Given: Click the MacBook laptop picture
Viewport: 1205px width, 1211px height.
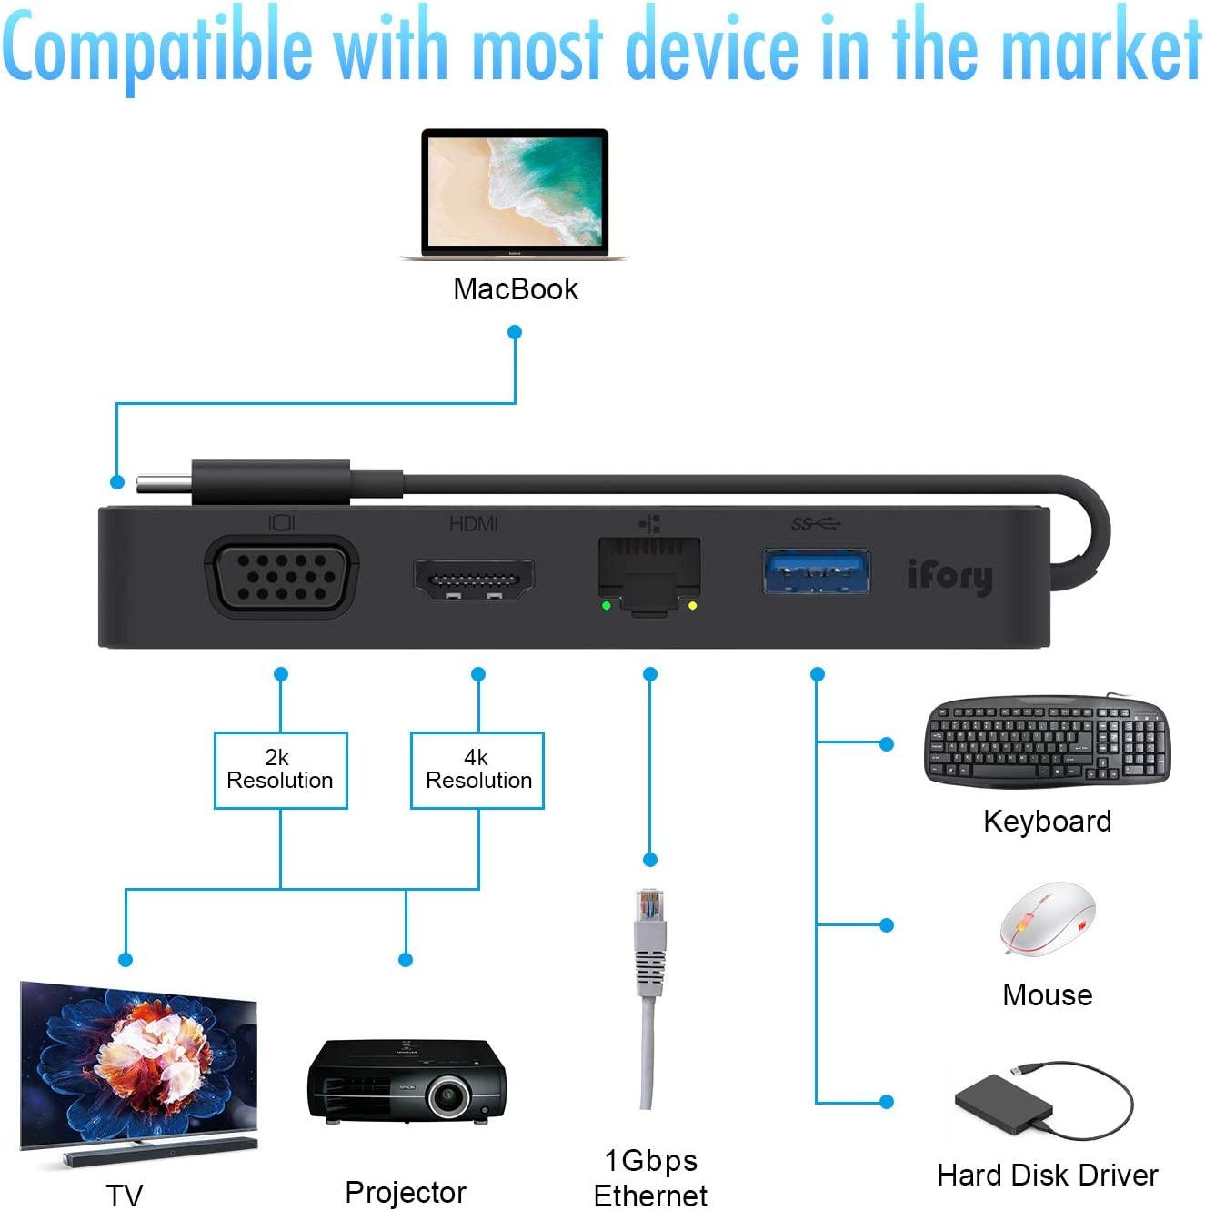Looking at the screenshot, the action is coord(515,195).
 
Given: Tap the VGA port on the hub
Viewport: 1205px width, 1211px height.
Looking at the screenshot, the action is coord(282,576).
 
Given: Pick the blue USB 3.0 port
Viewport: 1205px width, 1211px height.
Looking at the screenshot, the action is coord(816,571).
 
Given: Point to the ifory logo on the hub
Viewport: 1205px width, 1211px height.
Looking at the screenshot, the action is coord(949,576).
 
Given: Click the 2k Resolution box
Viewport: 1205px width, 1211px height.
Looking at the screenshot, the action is coord(280,770).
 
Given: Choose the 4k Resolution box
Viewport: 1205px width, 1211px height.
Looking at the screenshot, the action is coord(477,770).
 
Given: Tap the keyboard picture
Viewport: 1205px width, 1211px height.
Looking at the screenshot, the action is coord(1047,742).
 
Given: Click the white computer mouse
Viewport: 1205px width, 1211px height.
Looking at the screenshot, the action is coord(1048,919).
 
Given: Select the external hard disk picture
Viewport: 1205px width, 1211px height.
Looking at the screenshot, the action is coord(1004,1103).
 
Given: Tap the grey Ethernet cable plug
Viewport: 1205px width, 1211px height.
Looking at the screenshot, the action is coord(649,942).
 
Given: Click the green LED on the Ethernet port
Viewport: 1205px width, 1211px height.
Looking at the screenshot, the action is coord(607,605).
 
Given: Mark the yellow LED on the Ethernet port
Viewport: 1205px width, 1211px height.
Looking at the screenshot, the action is coord(693,605).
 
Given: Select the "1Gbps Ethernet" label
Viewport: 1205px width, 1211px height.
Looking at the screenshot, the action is coord(650,1177).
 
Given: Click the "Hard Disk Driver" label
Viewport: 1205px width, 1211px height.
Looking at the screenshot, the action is coord(1047,1175).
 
